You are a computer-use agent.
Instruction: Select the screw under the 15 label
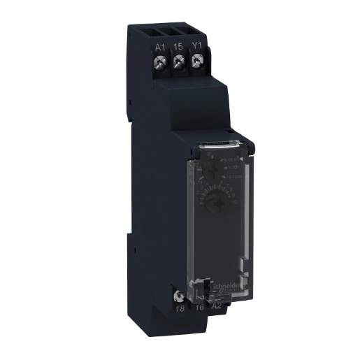coord(179,63)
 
